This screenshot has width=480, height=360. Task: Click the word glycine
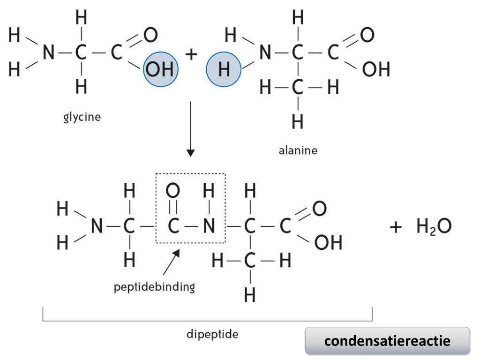point(82,117)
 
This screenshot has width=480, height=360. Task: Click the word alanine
point(298,150)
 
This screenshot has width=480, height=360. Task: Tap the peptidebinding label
point(154,286)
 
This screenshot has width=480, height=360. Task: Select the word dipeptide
point(212,335)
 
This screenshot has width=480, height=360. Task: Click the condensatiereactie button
point(387,340)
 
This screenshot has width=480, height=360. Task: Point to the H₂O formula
point(434,227)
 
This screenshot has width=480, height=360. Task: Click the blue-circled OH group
point(161,70)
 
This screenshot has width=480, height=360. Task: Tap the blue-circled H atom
point(224,70)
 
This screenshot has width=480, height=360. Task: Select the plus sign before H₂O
point(396,227)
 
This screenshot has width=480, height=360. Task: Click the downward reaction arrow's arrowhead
point(190,152)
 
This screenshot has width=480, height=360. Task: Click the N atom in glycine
point(49,53)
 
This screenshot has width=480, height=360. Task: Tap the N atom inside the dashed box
point(209,227)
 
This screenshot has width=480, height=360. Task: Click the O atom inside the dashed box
point(173,191)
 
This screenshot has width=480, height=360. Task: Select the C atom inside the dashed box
point(173,227)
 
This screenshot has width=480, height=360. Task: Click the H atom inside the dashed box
point(209,191)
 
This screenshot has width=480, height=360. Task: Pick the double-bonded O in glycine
point(150,35)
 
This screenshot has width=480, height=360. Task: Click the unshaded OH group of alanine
point(376,70)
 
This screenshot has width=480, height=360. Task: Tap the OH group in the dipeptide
point(328,243)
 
